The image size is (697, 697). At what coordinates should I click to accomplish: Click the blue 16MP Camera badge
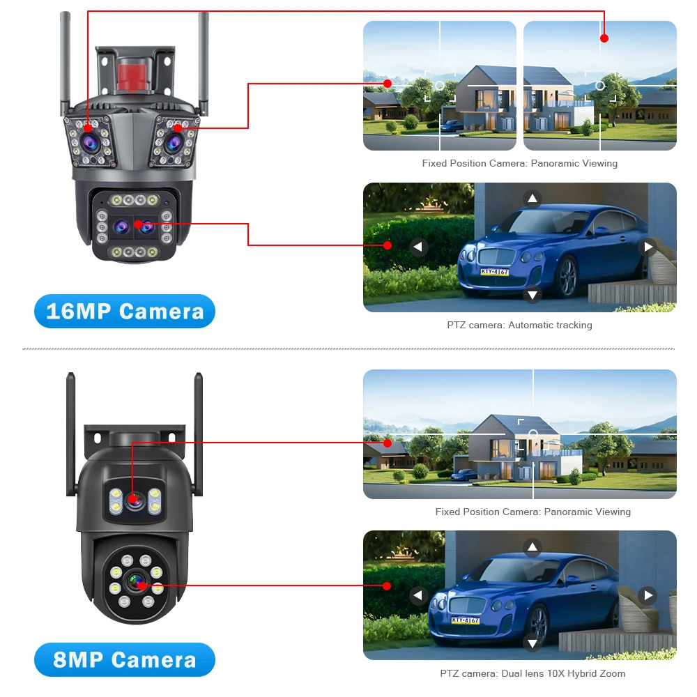125,311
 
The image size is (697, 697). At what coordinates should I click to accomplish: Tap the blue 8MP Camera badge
125,659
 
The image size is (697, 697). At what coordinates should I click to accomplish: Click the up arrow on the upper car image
533,199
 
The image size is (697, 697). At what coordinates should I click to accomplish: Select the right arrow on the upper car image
649,247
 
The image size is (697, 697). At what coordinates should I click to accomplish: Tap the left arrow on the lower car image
418,595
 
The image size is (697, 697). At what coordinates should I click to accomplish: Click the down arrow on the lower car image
533,643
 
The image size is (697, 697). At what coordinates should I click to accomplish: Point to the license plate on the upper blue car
494,271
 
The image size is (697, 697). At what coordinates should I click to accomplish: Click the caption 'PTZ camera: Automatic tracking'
519,325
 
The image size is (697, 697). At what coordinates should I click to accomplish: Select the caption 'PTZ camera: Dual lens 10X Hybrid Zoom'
533,673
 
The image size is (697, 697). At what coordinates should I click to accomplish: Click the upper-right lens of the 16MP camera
174,141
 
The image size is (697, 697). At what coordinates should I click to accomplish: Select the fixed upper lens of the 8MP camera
134,499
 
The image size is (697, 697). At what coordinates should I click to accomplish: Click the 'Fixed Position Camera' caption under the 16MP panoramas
519,163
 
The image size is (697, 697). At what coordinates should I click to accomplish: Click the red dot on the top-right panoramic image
604,38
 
